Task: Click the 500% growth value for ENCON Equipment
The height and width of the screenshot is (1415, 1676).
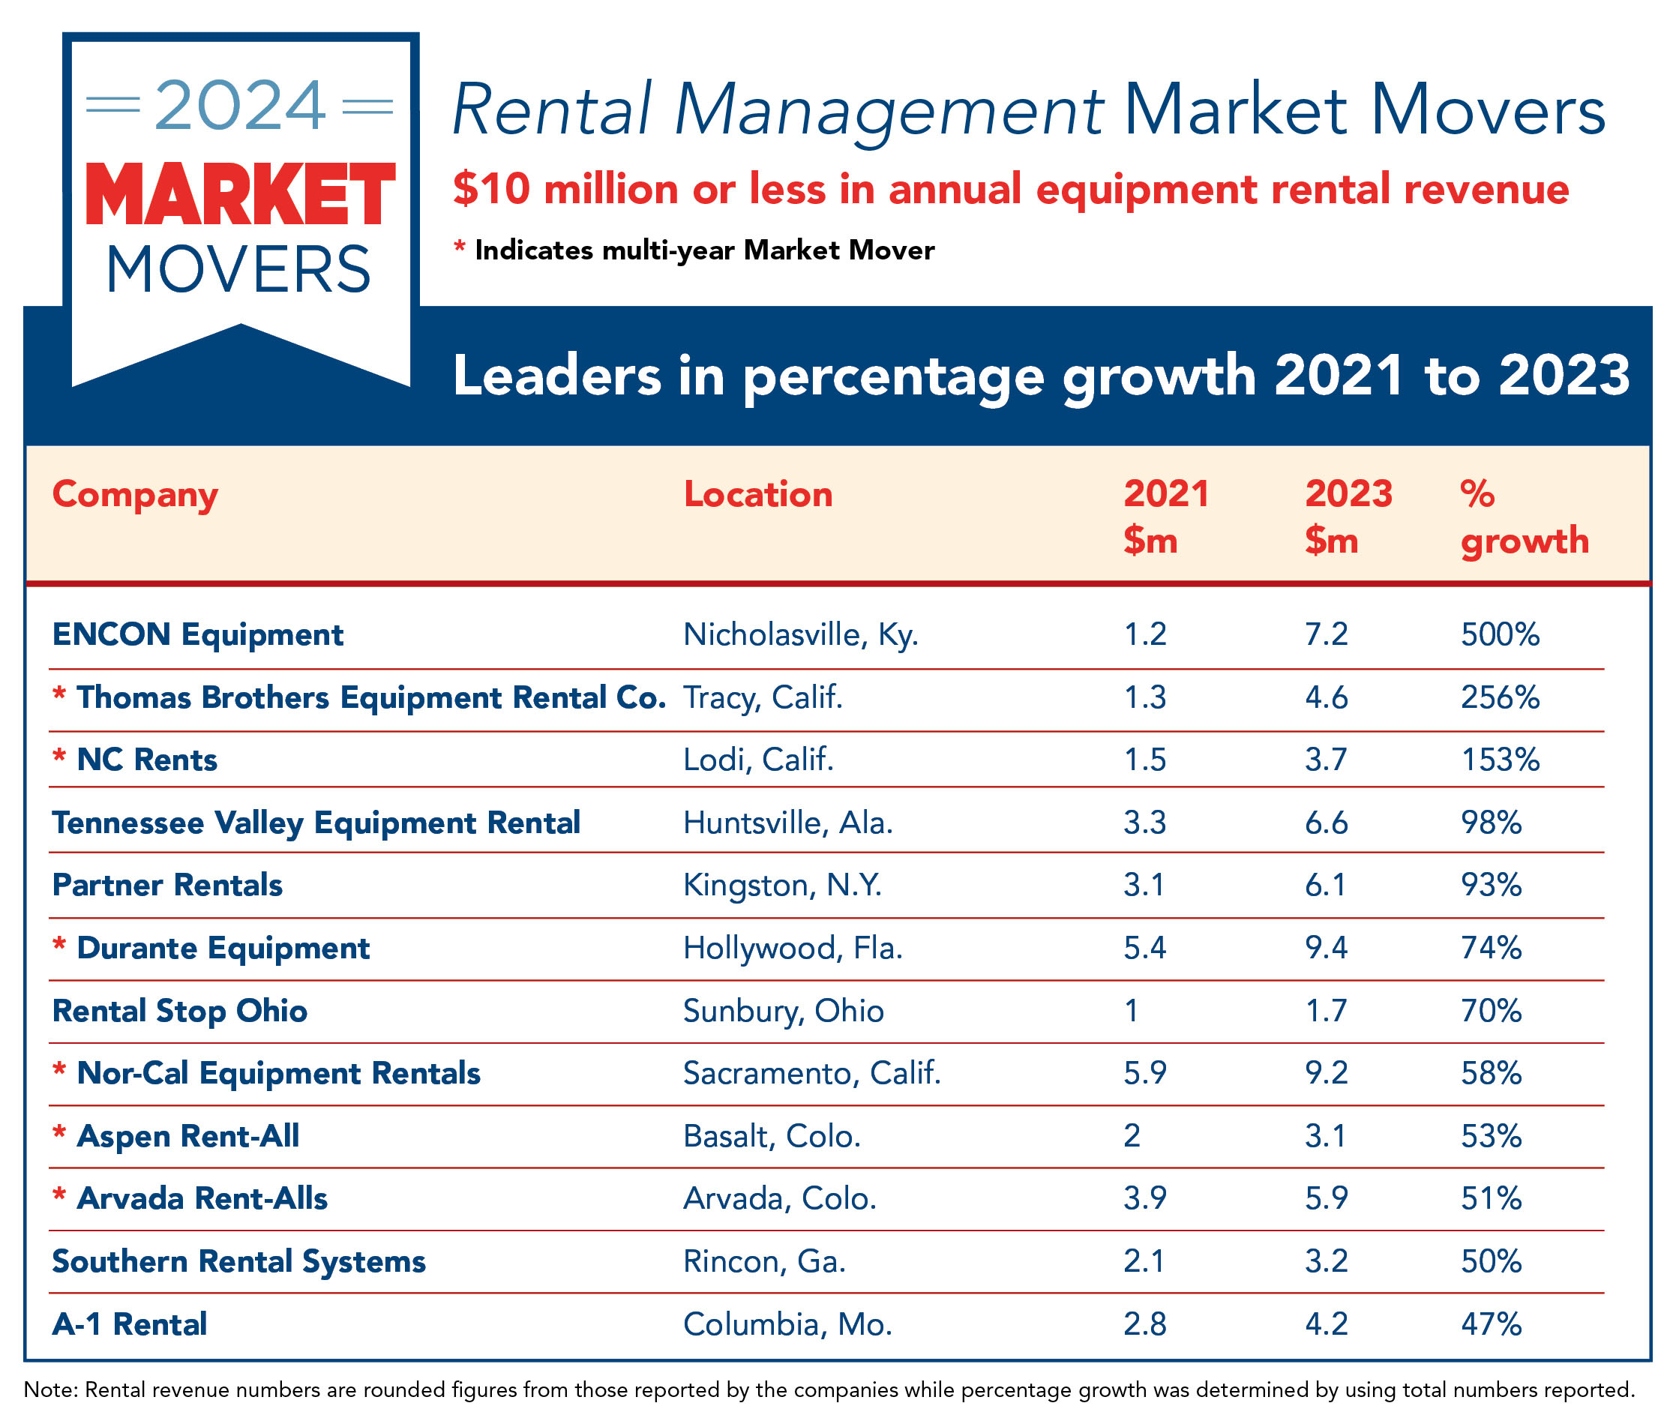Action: [1499, 634]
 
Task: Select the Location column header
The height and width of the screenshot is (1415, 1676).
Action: [757, 494]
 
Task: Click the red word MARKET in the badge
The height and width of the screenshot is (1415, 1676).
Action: [240, 195]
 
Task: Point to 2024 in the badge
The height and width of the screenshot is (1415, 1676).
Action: [240, 106]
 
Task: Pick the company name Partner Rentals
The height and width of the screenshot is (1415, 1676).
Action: [167, 885]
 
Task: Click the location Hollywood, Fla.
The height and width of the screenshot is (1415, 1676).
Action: [792, 948]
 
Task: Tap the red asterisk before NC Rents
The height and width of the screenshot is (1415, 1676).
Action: [58, 757]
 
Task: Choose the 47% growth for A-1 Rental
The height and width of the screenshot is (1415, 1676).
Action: [1490, 1324]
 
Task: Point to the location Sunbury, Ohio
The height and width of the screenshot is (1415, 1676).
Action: [782, 1011]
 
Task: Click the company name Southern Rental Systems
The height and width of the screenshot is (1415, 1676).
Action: [238, 1262]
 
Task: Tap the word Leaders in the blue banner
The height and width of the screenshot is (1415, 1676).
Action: [557, 376]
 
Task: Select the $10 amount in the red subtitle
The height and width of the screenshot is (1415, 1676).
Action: [491, 189]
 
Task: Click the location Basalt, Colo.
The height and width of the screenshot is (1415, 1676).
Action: [771, 1137]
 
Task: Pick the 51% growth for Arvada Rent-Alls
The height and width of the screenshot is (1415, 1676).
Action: [1490, 1199]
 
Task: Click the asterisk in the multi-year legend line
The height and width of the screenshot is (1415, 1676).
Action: [460, 246]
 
